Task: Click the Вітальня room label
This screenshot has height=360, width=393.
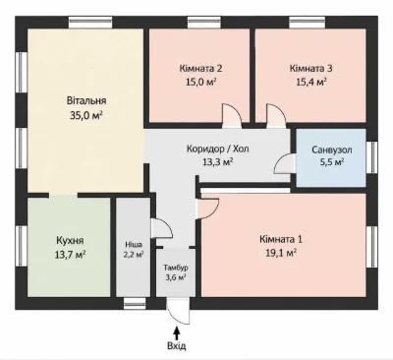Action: pyautogui.click(x=86, y=100)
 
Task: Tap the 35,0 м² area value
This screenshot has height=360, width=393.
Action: pyautogui.click(x=86, y=115)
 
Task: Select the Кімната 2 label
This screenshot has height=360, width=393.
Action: pyautogui.click(x=200, y=68)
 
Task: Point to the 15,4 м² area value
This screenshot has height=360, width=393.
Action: pyautogui.click(x=310, y=82)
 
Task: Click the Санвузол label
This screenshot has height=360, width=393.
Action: pyautogui.click(x=332, y=150)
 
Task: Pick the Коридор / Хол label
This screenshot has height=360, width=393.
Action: pyautogui.click(x=218, y=149)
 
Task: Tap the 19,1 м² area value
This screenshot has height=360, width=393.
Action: pyautogui.click(x=281, y=253)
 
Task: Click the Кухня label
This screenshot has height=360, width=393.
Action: pyautogui.click(x=70, y=240)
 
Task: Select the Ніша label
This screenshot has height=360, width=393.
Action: pyautogui.click(x=134, y=245)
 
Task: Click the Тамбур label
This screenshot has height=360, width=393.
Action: pyautogui.click(x=176, y=268)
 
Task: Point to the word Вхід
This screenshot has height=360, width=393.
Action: pyautogui.click(x=177, y=345)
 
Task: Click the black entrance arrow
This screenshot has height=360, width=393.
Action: pyautogui.click(x=177, y=333)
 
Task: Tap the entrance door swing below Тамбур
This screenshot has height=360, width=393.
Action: pyautogui.click(x=178, y=312)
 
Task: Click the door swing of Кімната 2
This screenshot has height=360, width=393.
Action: pyautogui.click(x=232, y=116)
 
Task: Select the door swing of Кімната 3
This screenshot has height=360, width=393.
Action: pyautogui.click(x=276, y=116)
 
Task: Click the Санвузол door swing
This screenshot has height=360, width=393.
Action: pyautogui.click(x=285, y=164)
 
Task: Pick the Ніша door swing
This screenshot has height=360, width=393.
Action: pyautogui.click(x=161, y=228)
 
